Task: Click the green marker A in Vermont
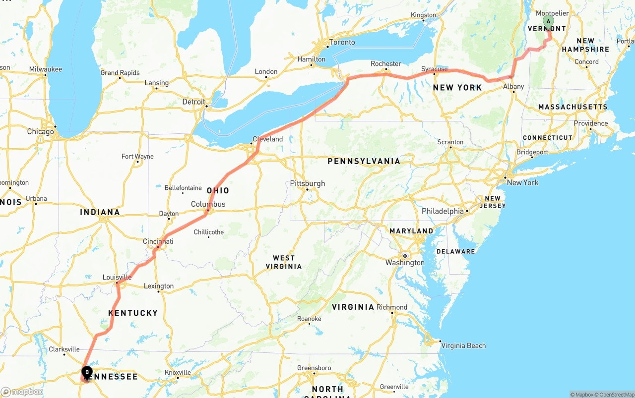pos(548,21)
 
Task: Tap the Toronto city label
pos(342,42)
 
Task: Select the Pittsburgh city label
pos(308,183)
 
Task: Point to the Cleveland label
pos(268,139)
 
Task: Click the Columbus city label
pos(208,204)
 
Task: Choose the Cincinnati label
pos(158,241)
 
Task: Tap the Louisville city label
pos(117,277)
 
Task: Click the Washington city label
pos(405,263)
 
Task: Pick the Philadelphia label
pos(443,211)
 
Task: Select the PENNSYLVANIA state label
pos(364,161)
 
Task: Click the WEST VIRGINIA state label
pos(284,262)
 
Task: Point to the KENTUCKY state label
pos(133,313)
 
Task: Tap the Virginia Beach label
pos(463,345)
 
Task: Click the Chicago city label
pos(41,132)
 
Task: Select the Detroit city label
pos(193,102)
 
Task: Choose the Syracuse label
pos(434,69)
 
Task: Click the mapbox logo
pos(22,392)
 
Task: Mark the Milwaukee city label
pos(46,69)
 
